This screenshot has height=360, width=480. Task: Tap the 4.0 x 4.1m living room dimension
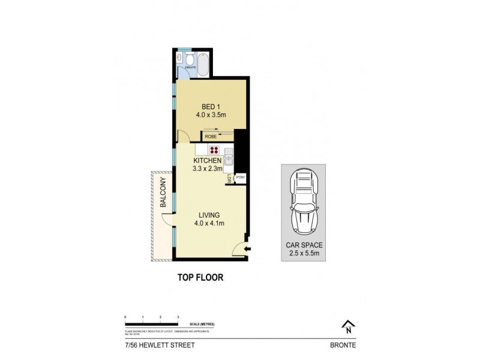(x=209, y=223)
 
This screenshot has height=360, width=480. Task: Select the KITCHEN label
(x=208, y=161)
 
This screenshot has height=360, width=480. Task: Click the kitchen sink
(x=228, y=160)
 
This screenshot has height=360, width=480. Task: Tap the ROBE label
(x=211, y=137)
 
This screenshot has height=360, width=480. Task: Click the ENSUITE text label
(x=190, y=68)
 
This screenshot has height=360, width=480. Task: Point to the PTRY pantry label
(x=239, y=178)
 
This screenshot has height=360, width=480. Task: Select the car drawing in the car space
(x=302, y=203)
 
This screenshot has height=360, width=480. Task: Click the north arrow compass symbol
(x=347, y=326)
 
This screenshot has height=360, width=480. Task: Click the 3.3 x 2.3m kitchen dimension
(x=208, y=170)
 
